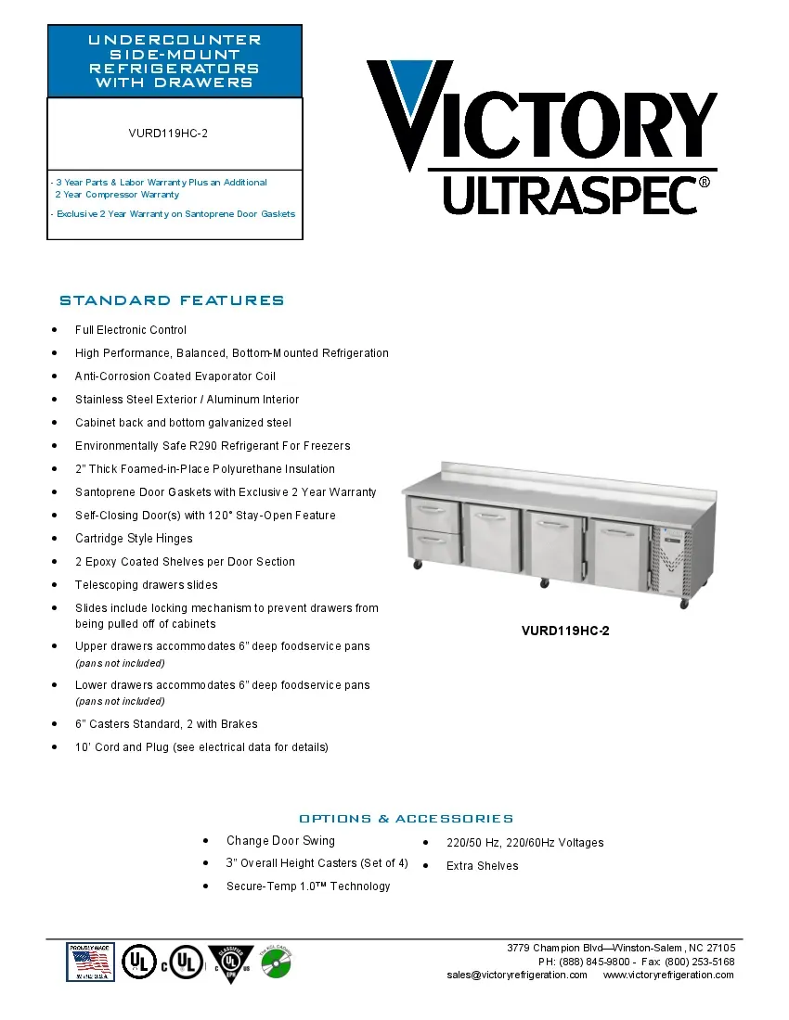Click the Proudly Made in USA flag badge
(x=90, y=962)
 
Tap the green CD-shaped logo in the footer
(x=275, y=963)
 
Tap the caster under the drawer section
(x=417, y=564)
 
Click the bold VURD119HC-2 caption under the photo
(x=565, y=631)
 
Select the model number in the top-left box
(x=168, y=134)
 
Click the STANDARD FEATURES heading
(x=172, y=300)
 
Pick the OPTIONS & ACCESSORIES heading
(x=406, y=819)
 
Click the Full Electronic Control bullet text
(x=131, y=330)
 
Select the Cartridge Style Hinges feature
(x=134, y=539)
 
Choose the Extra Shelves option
(x=482, y=866)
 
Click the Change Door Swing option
(x=280, y=841)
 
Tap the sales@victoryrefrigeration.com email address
(x=517, y=975)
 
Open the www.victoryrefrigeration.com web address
(x=668, y=975)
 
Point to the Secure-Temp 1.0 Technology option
(x=308, y=886)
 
